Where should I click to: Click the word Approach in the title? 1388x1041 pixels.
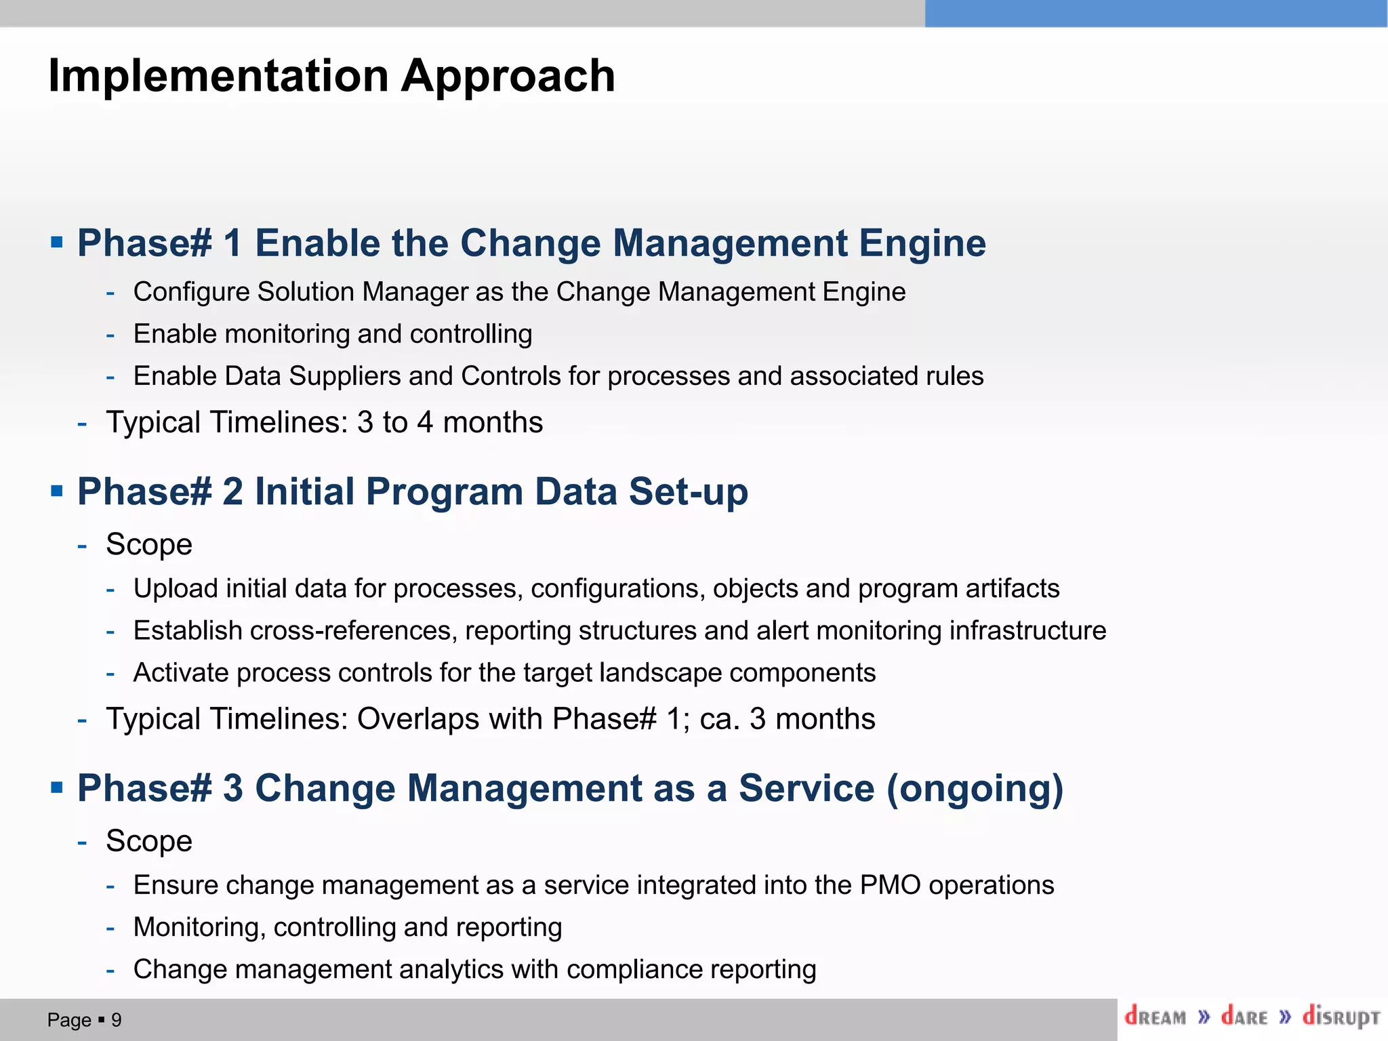click(x=508, y=77)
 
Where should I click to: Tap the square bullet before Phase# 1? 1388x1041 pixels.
click(x=57, y=242)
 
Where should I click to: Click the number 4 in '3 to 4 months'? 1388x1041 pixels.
click(x=425, y=422)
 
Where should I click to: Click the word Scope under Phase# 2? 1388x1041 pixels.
click(x=149, y=544)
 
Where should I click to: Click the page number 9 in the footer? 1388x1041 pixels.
click(x=116, y=1020)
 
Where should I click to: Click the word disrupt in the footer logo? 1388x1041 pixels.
click(x=1340, y=1017)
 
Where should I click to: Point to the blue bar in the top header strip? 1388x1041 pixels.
click(x=1156, y=14)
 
